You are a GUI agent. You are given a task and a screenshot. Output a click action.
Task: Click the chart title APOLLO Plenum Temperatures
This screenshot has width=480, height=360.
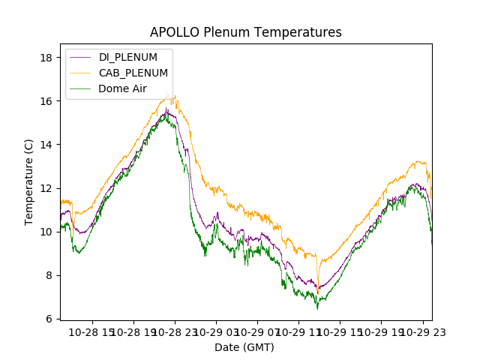tap(245, 32)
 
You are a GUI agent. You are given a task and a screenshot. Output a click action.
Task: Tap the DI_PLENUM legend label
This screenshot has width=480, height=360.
tap(128, 57)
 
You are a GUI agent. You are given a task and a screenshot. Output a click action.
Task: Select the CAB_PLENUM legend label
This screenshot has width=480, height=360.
tap(133, 73)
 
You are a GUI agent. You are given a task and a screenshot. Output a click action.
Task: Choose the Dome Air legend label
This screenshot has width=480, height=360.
tap(123, 88)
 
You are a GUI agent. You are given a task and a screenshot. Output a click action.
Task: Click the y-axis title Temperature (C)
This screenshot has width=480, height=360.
tap(29, 181)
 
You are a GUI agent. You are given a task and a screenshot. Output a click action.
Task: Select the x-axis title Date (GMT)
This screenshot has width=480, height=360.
tap(244, 347)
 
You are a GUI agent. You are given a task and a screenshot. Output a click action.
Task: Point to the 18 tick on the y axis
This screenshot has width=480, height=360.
tap(49, 58)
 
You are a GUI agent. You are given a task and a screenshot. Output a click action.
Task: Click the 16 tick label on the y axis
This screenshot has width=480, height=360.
tap(49, 101)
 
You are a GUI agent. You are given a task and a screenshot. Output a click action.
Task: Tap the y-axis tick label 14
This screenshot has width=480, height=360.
tap(49, 145)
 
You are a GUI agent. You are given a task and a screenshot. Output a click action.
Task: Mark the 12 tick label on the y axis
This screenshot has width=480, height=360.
tap(49, 188)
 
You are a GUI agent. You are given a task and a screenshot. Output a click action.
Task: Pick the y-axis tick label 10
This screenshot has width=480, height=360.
tap(49, 232)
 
